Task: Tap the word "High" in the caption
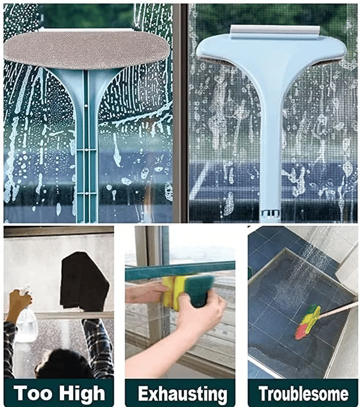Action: click(82, 394)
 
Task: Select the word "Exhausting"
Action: click(182, 394)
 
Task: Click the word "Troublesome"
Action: click(304, 393)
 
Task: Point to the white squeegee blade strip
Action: click(275, 32)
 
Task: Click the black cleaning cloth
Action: click(83, 282)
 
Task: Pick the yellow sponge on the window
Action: click(174, 292)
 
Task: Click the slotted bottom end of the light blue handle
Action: click(270, 214)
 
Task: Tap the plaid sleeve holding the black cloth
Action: click(97, 343)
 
